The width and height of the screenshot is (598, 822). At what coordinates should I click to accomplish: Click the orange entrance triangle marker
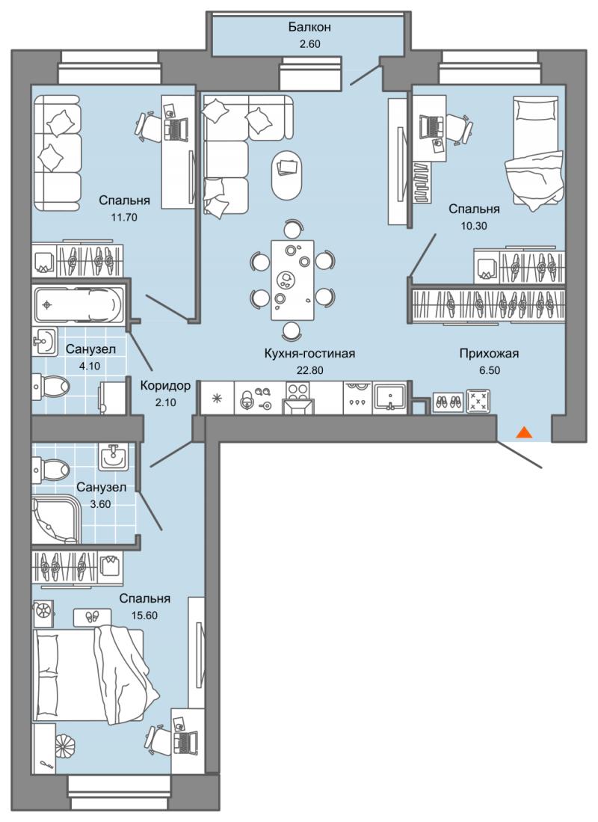pos(525,432)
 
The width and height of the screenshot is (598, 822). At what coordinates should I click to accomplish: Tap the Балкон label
pos(309,27)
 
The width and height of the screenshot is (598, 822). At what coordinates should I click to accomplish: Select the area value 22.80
pos(309,370)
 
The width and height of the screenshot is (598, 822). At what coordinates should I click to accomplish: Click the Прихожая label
pos(489,354)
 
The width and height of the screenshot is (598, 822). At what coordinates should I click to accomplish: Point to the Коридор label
pos(165,387)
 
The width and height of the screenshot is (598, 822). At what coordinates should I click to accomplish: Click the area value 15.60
pos(144,616)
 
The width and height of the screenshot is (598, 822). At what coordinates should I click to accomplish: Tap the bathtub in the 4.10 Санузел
pos(77,304)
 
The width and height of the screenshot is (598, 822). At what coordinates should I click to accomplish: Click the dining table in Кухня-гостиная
pos(292,280)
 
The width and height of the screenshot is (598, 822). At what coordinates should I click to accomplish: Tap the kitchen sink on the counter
pos(389,398)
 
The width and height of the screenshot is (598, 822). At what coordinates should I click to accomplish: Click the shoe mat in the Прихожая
pos(448,402)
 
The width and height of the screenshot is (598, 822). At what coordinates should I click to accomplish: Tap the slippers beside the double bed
pos(92,616)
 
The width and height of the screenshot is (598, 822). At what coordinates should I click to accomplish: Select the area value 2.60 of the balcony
pos(309,44)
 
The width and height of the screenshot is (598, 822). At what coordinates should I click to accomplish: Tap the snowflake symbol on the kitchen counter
pos(217,399)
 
